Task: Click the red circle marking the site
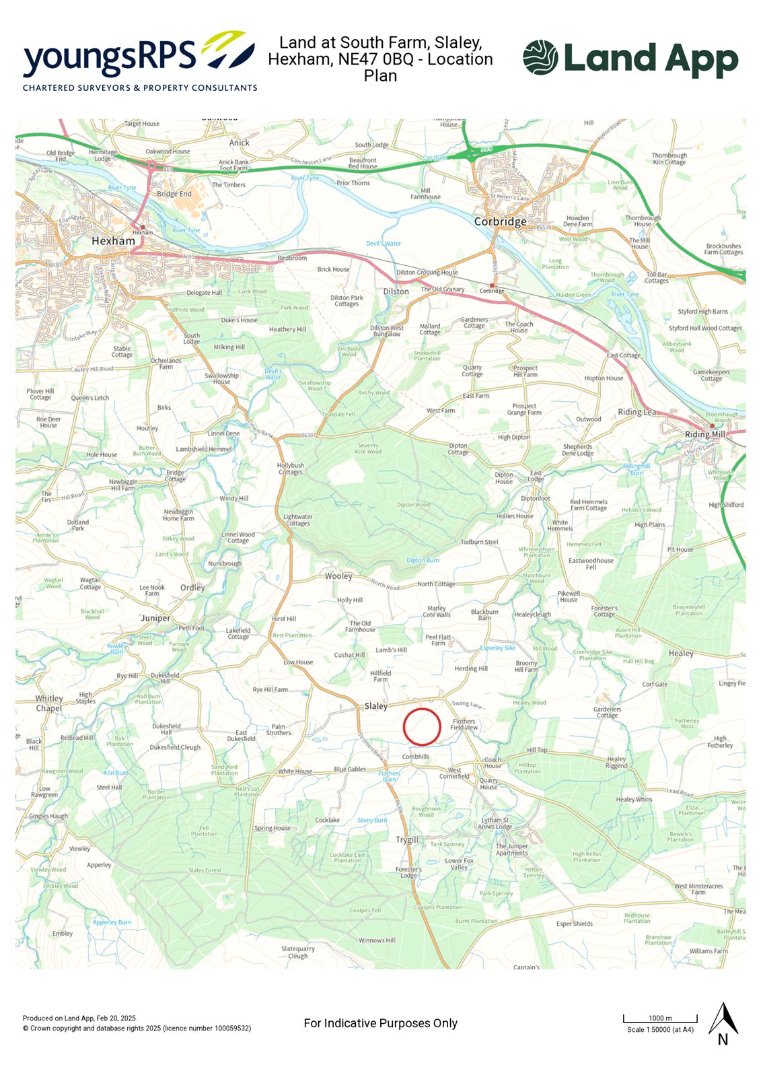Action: pos(422,727)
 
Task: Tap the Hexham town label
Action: pos(113,241)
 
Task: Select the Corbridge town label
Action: pos(500,221)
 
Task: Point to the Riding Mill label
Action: pos(704,434)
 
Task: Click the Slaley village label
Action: pos(375,706)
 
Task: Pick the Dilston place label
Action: pos(396,291)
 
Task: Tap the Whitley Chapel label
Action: pos(48,703)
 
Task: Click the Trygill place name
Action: pos(407,839)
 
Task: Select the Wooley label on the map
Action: pos(338,576)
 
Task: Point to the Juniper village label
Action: pos(155,618)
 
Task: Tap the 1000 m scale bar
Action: pos(660,1018)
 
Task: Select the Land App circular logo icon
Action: pos(540,57)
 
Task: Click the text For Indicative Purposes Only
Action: pos(380,1023)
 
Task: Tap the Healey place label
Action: pos(681,654)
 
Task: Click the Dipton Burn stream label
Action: pos(423,560)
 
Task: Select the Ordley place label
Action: pos(192,588)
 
